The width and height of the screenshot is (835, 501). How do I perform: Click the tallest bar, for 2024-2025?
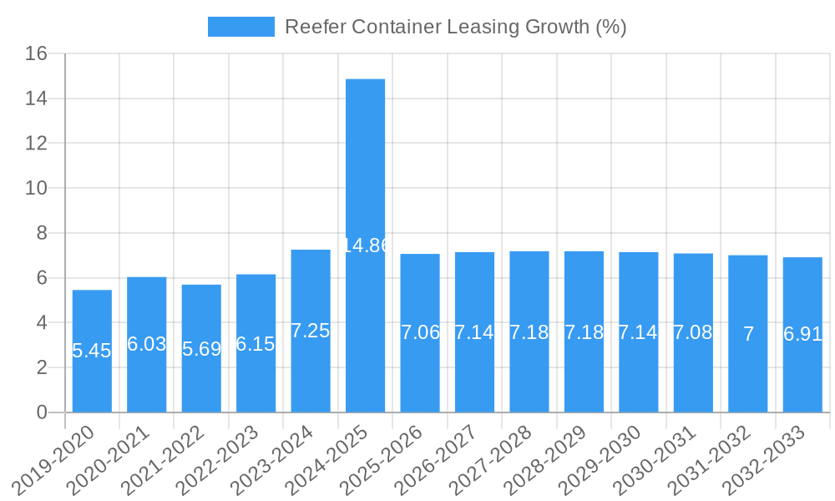point(365,167)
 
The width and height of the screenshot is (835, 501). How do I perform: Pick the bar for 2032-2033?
point(802,376)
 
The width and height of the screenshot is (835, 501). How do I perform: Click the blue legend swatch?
point(240,27)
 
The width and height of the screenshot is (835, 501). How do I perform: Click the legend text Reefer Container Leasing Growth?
point(455,27)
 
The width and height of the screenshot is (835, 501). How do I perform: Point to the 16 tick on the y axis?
point(36,54)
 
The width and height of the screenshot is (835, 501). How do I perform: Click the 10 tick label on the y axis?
point(36,188)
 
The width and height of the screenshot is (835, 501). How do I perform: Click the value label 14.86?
point(366,245)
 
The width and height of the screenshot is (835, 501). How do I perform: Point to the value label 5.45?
point(92,351)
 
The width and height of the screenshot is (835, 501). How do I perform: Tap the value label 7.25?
point(311,331)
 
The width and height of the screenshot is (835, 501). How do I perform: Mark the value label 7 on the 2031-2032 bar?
point(748,335)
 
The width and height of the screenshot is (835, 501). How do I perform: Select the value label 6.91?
point(802,335)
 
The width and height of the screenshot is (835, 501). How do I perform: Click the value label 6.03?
point(147,344)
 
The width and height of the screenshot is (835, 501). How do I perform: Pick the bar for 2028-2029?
point(584,376)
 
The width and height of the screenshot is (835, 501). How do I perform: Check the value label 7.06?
point(420,332)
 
